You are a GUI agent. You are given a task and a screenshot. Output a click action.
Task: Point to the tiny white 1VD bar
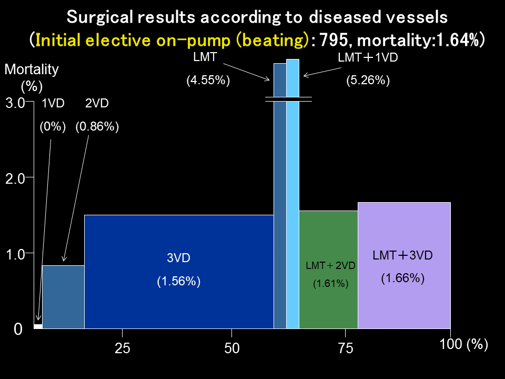tap(38, 326)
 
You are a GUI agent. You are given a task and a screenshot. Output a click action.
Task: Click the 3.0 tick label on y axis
tap(15, 103)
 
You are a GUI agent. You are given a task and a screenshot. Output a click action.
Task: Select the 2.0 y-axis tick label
tap(15, 179)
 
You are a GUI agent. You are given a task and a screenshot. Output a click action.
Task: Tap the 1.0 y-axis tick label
tap(15, 254)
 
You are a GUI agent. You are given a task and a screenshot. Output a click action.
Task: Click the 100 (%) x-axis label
tap(463, 345)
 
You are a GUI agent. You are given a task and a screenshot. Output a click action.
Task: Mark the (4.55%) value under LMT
tap(209, 81)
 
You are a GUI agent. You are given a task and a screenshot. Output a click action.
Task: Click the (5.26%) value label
tap(368, 81)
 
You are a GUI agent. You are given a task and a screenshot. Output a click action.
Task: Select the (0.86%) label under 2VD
tap(97, 127)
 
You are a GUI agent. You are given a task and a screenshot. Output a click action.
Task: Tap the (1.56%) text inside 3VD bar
tap(179, 282)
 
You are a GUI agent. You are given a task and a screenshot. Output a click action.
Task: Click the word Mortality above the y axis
tap(32, 69)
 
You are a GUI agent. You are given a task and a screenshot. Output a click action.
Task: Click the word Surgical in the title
tap(99, 17)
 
